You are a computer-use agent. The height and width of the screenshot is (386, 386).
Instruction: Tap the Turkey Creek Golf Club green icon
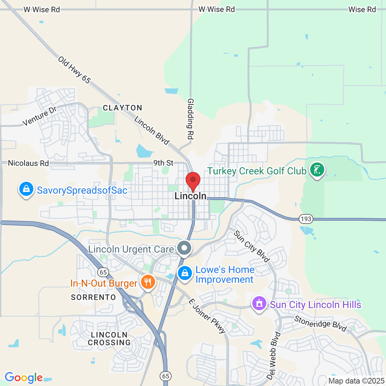(317, 170)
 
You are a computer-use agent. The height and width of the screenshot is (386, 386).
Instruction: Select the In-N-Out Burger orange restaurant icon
(148, 282)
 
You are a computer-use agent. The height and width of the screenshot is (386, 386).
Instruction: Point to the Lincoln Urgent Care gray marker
(184, 248)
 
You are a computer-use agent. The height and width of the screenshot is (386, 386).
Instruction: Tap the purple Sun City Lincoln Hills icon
(259, 303)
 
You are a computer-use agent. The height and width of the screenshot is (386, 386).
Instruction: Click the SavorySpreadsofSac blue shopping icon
(26, 189)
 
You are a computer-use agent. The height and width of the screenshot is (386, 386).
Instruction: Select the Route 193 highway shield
(306, 219)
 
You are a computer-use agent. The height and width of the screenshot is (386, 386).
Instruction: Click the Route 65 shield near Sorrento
(103, 272)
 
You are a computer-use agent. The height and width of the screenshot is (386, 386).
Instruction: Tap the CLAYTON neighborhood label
(122, 108)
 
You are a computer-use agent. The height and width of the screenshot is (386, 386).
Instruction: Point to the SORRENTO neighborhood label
(93, 298)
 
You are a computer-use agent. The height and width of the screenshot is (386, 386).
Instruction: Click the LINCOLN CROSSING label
(109, 339)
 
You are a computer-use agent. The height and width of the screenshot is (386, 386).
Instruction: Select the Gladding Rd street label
(191, 119)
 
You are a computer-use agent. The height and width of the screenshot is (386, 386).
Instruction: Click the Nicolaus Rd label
(28, 163)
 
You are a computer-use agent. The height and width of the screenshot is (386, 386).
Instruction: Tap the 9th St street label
(163, 163)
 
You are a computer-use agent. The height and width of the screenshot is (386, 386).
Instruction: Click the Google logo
(24, 378)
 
